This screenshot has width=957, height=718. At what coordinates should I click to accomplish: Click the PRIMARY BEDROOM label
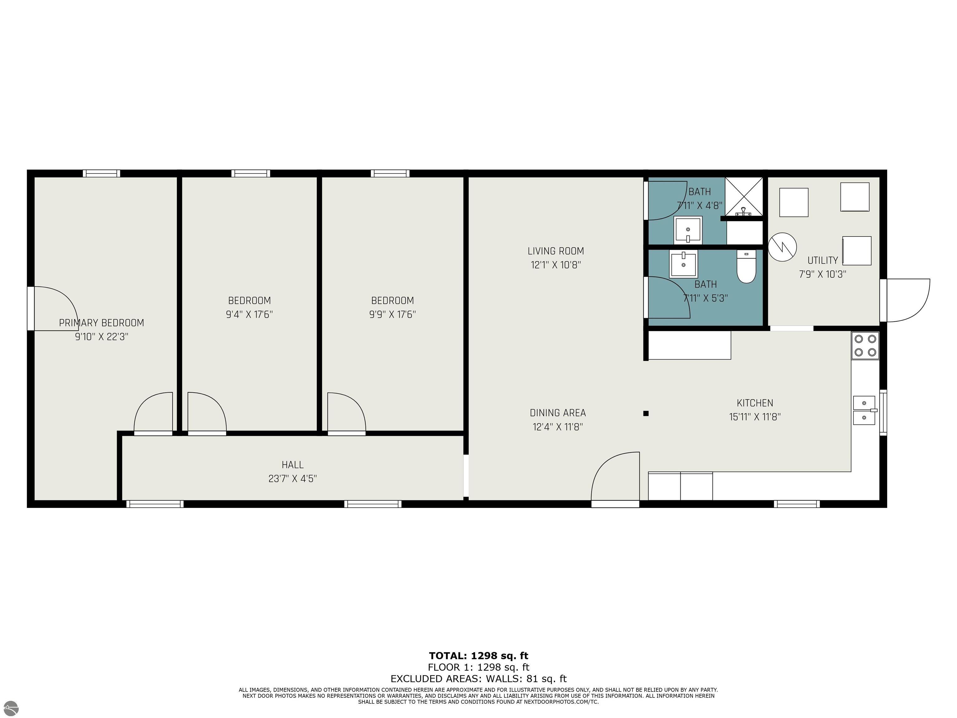[102, 323]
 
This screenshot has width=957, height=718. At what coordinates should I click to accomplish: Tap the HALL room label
[293, 465]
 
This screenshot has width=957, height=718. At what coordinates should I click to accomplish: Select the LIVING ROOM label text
[556, 251]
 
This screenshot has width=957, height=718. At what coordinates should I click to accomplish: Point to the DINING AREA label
[558, 413]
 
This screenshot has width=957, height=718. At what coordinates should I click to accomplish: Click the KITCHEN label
[755, 403]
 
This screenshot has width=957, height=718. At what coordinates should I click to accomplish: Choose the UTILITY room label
[823, 261]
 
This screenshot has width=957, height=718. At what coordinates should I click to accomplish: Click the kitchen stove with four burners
[865, 345]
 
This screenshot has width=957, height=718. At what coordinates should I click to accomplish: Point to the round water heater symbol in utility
[782, 247]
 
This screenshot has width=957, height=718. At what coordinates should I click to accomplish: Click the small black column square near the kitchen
[646, 413]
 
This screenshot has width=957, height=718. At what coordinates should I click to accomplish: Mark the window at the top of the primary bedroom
[101, 174]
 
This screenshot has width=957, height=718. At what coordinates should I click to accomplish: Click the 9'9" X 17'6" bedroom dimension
[393, 314]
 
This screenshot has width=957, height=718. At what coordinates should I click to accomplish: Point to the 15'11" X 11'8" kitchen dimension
[755, 417]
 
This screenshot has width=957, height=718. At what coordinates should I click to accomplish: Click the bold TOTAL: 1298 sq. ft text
[478, 656]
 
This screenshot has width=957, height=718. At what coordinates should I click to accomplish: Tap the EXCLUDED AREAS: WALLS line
[478, 679]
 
